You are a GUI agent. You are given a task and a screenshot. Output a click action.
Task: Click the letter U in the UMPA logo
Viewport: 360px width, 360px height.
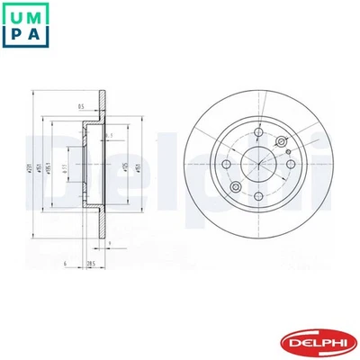[x=13, y=13]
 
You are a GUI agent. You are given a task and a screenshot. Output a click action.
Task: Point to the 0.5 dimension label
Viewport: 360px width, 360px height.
[x=81, y=108]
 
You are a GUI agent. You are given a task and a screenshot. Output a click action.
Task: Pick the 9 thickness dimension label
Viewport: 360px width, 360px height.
[x=109, y=243]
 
